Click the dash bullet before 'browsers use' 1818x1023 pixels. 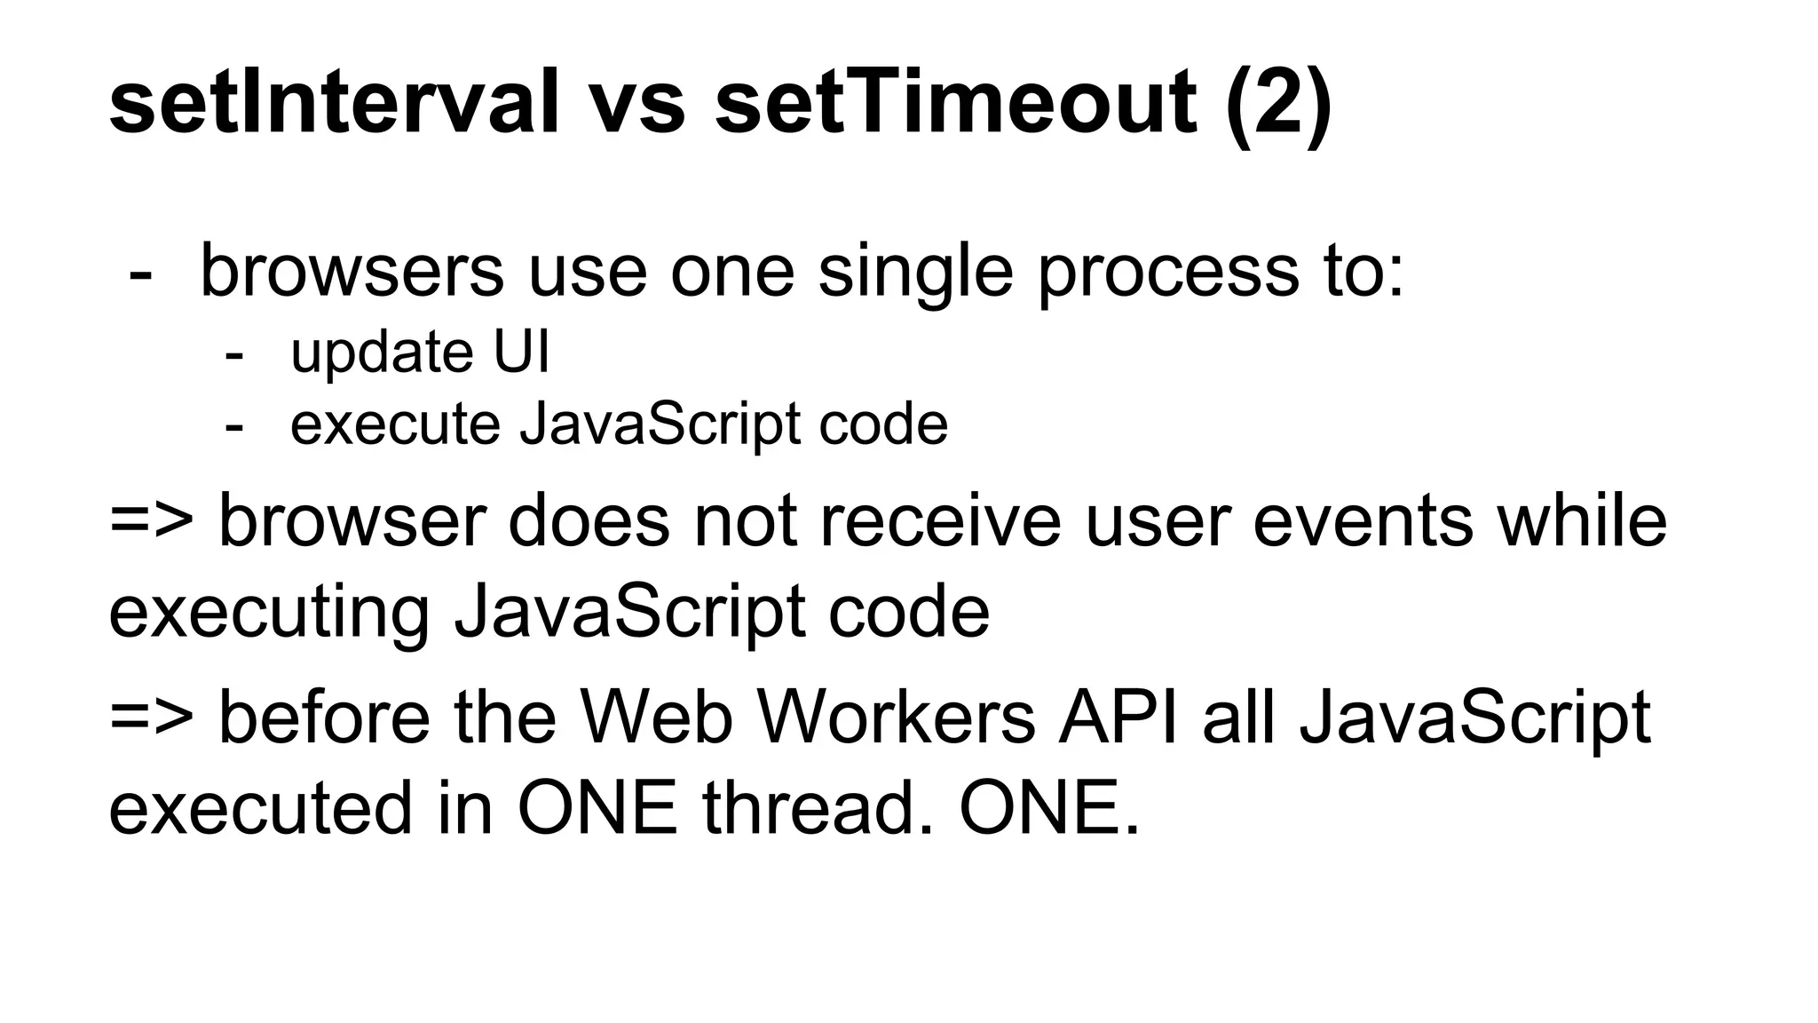coord(140,274)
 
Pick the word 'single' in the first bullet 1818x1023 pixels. coord(914,274)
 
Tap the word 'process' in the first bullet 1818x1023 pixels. coord(1168,274)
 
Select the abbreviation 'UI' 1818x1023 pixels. coord(521,352)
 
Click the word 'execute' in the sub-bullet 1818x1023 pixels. coord(395,424)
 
